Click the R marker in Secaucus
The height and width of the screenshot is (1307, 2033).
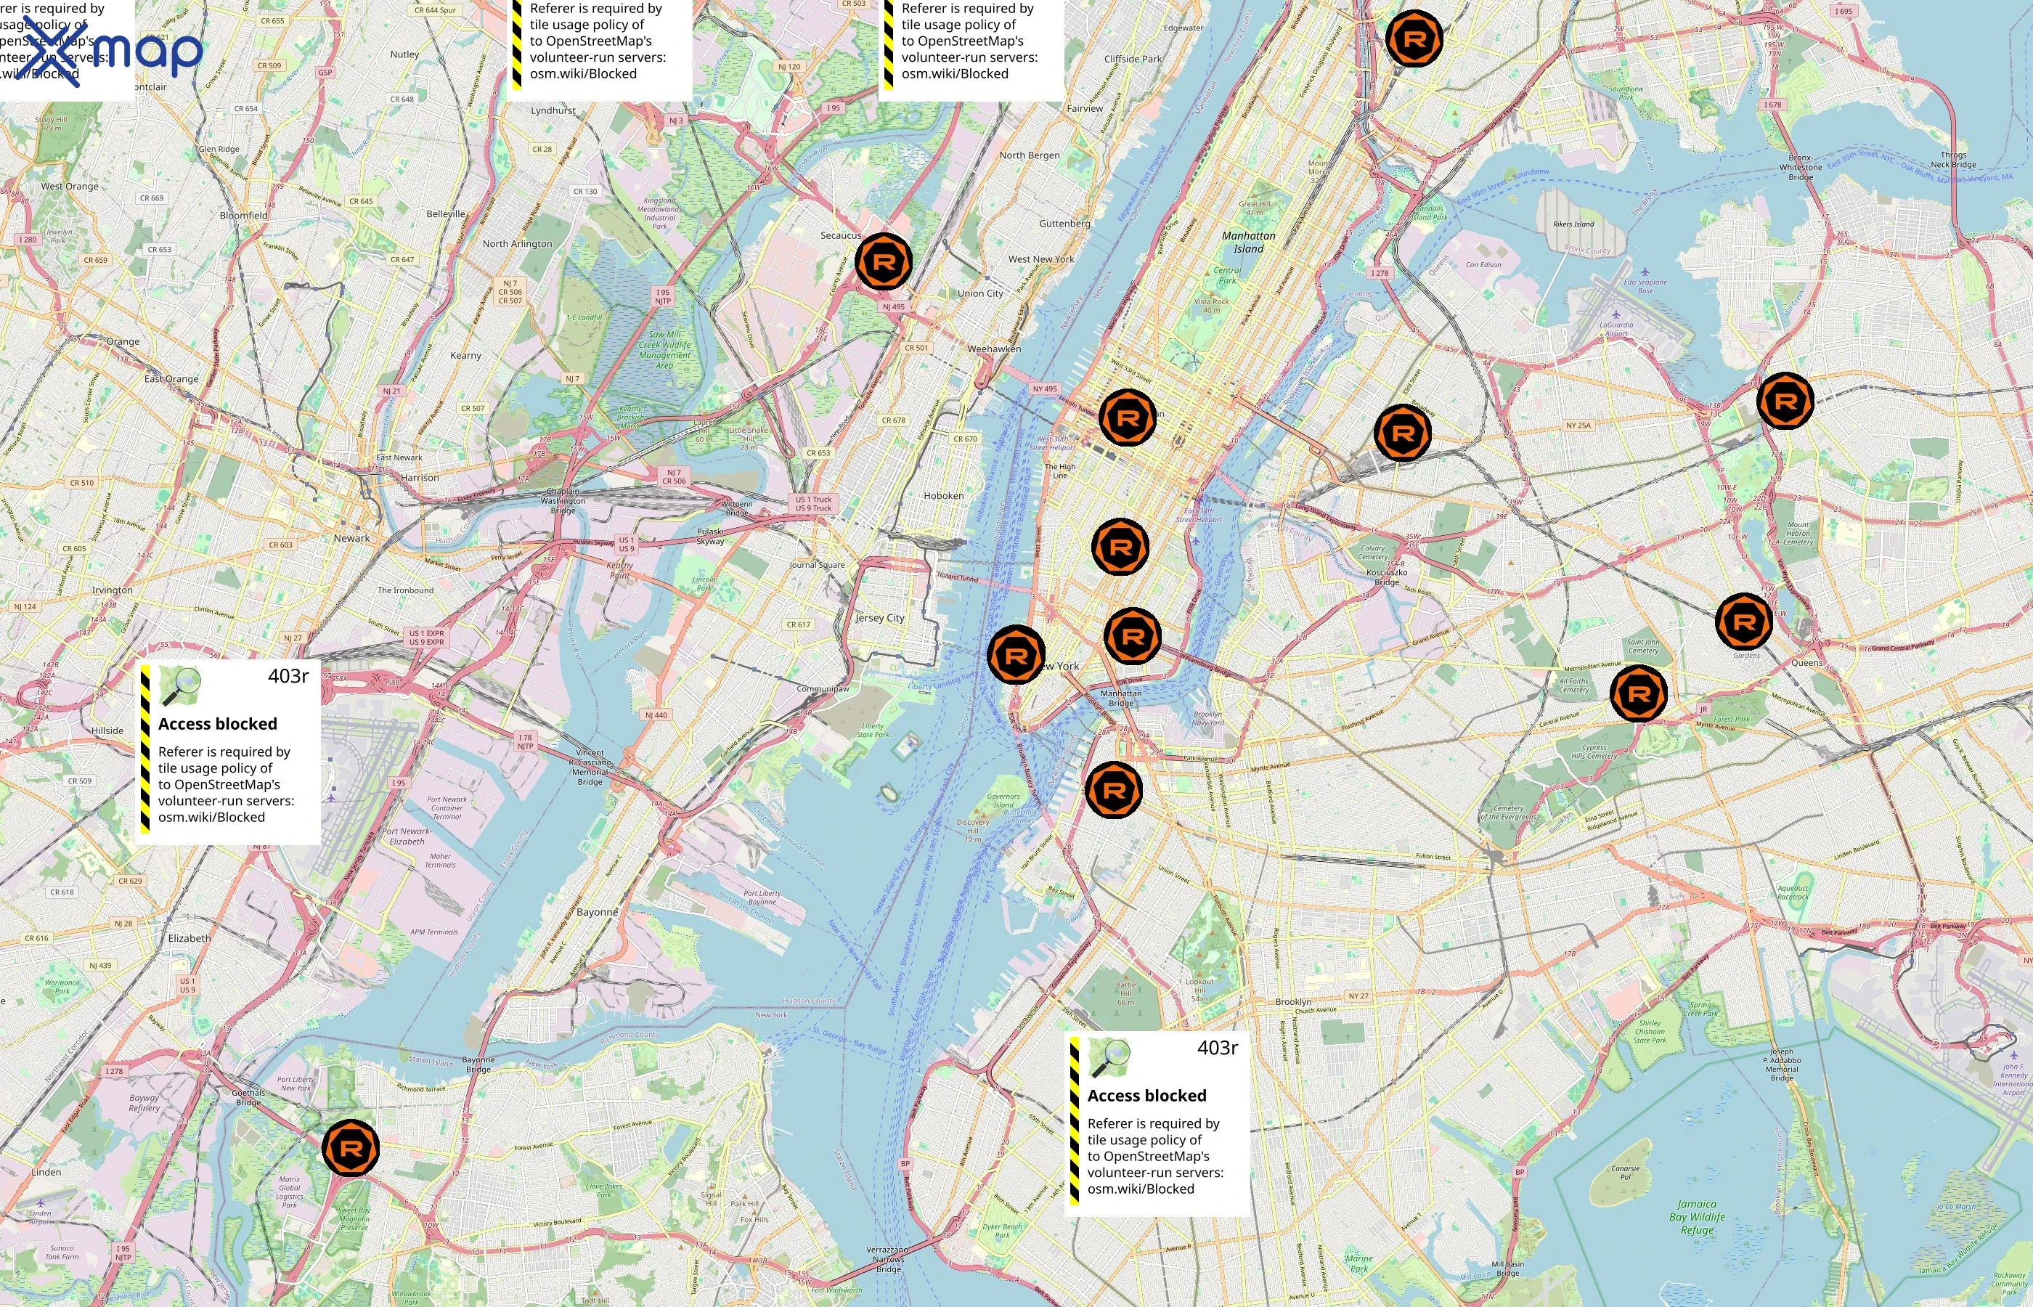[884, 261]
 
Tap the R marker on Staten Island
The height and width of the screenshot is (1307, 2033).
[351, 1148]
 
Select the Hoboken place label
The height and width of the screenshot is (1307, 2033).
[943, 496]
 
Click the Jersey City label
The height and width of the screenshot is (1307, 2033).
[880, 618]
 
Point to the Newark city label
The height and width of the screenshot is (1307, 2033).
[351, 538]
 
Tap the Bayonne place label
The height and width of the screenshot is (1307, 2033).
[598, 912]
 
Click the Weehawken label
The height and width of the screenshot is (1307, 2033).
[995, 349]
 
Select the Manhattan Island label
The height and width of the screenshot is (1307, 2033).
[1248, 242]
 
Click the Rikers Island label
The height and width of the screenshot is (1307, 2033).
[1573, 224]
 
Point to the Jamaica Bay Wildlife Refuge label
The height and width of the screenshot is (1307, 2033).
[1697, 1216]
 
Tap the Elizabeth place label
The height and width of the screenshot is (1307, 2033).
[190, 938]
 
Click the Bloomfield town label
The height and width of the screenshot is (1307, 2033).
[243, 216]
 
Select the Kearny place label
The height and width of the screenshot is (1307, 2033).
[466, 356]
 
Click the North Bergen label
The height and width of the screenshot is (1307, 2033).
[1030, 155]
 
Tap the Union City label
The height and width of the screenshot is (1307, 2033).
[980, 293]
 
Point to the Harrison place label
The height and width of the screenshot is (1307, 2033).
[420, 478]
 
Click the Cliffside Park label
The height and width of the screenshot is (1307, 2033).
[1133, 60]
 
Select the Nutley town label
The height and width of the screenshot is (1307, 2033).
[404, 54]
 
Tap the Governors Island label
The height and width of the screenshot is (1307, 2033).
[1003, 800]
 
